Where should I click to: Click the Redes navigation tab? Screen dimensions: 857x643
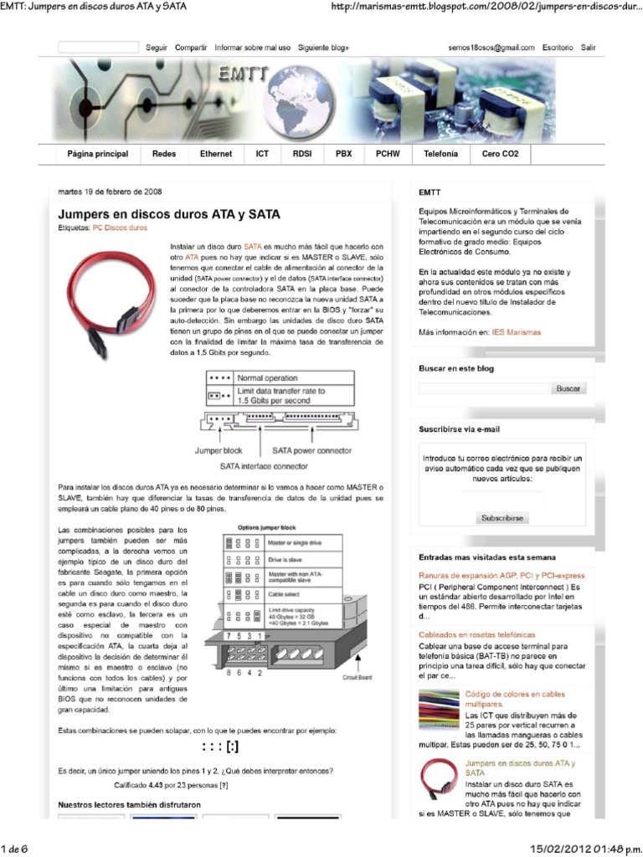(x=164, y=155)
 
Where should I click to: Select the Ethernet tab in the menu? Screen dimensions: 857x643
(x=216, y=155)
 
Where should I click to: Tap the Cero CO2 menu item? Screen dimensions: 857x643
(x=500, y=155)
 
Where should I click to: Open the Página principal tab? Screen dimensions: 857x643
(x=97, y=155)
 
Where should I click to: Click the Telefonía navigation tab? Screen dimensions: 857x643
(x=440, y=155)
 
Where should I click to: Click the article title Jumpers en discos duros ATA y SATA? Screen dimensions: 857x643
(x=168, y=214)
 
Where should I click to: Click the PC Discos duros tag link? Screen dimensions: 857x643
(x=120, y=228)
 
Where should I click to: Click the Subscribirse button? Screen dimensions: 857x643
(x=502, y=518)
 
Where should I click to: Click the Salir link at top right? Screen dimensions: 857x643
(x=589, y=49)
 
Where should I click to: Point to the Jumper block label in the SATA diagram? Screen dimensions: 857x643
(x=219, y=450)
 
